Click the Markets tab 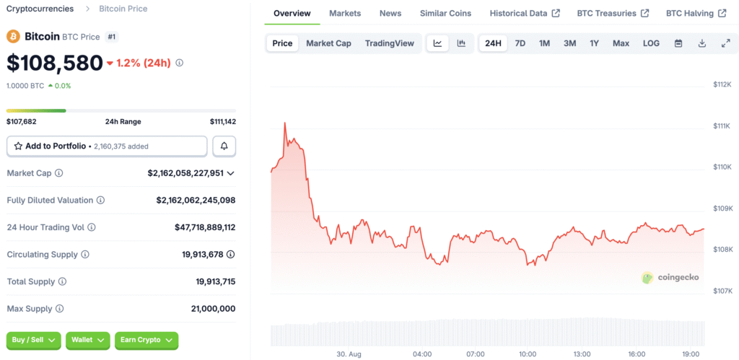345,13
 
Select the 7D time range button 520,43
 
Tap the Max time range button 621,43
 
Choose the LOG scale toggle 651,43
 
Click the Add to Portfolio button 107,146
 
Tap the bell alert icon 224,146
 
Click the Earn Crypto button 147,340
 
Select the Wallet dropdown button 88,340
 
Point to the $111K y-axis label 722,126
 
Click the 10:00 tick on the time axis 528,354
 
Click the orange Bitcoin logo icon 13,36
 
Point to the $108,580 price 55,63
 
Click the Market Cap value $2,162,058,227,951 186,173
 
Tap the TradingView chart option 389,43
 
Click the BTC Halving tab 695,13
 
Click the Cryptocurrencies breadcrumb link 40,9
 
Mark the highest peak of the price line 285,123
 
